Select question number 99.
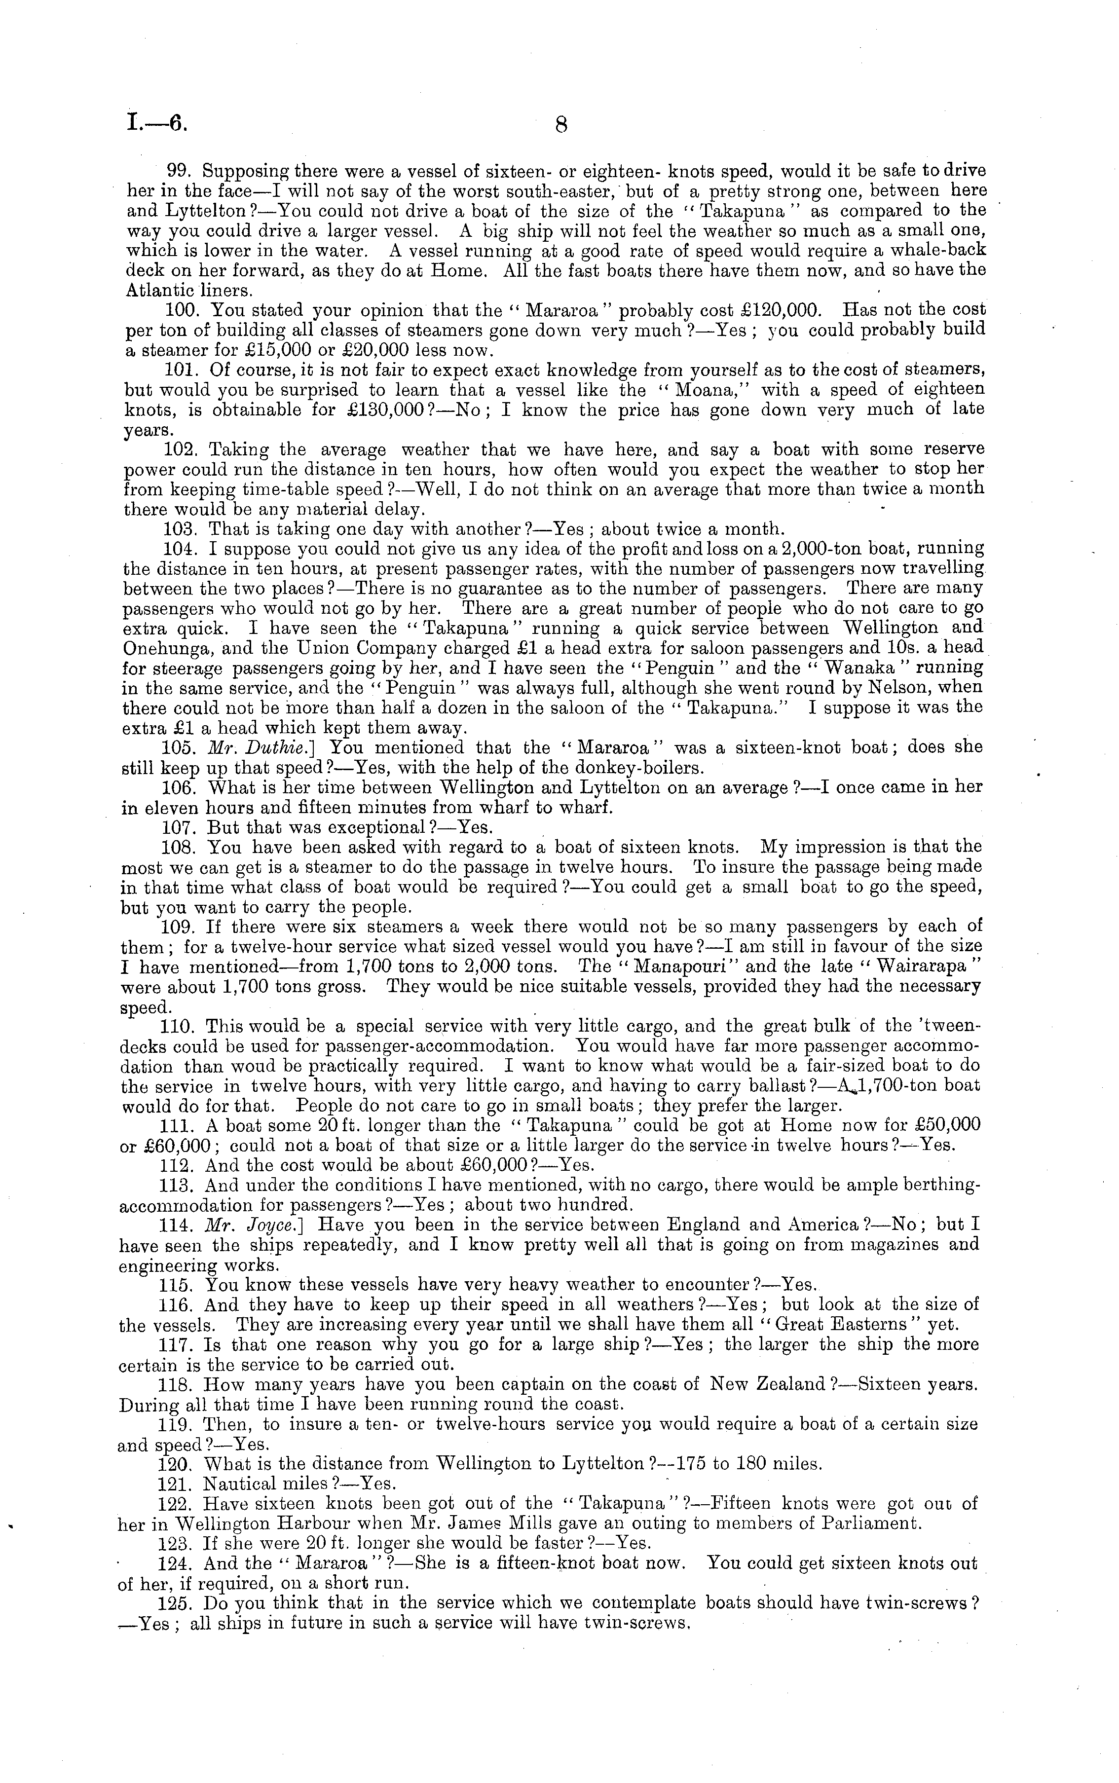tap(180, 171)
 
